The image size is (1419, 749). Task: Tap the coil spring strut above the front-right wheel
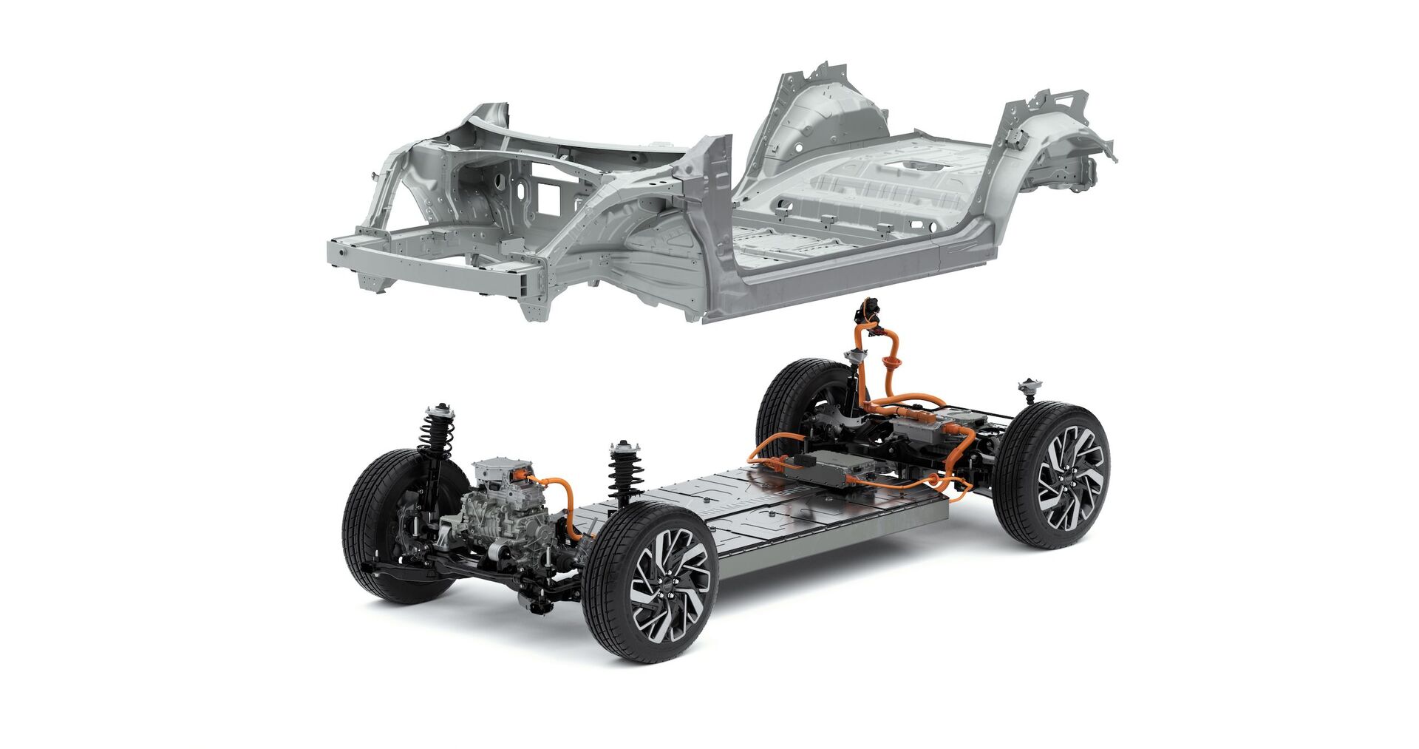point(625,473)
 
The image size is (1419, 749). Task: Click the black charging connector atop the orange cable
point(870,311)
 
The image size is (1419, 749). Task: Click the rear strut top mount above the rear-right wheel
point(1028,388)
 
